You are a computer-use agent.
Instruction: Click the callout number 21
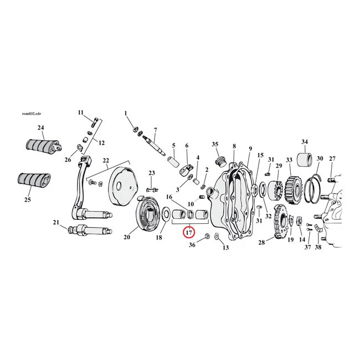(55, 222)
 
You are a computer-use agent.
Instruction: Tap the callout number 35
(215, 144)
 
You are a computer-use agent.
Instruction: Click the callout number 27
(332, 159)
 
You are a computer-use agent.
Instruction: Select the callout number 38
(317, 247)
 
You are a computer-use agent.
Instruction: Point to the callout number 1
(125, 114)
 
